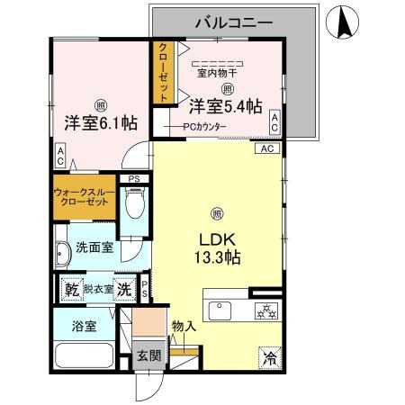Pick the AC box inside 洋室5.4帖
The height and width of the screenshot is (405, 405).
point(274,122)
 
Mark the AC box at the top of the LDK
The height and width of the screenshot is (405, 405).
point(267,148)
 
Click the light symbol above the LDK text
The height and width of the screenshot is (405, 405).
point(216,213)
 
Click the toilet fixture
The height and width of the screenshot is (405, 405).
point(135,209)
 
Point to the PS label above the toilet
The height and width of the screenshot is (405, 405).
point(135,178)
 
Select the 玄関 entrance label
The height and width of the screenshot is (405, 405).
point(148,355)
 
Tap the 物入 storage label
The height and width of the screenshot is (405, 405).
point(183,326)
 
